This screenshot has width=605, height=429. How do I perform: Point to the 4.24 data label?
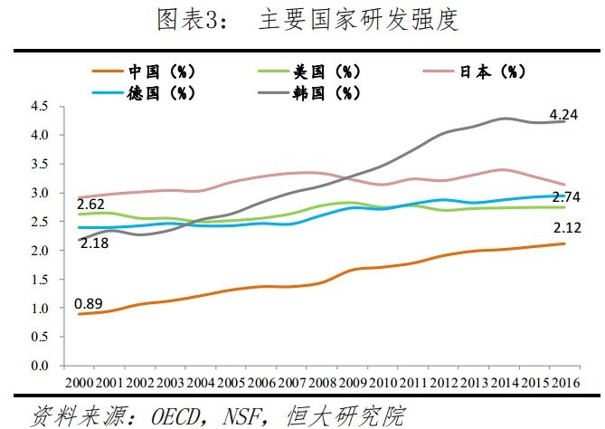coord(566,114)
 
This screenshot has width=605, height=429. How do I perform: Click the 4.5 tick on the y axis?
coord(39,106)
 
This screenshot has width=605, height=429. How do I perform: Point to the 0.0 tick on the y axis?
coord(39,367)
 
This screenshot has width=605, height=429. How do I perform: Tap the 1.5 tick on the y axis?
coord(39,280)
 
